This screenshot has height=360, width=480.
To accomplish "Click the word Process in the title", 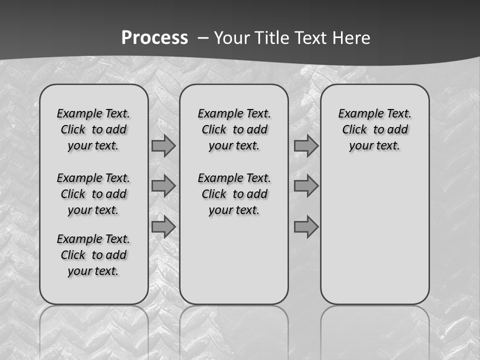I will coord(154,38).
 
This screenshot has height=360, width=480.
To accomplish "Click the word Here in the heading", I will coord(351,38).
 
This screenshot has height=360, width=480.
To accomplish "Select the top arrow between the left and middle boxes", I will coord(163,145).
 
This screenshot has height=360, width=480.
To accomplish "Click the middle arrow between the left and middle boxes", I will coord(163,186).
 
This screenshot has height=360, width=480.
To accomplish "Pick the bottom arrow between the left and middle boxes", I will coord(163,226).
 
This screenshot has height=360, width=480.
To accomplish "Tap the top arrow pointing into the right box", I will coord(306,145).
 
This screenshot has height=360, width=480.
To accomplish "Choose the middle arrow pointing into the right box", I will coord(306,186).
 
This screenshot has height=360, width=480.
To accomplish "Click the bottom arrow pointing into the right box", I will coord(306,226).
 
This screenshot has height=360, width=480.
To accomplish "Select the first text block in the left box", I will coord(93,129).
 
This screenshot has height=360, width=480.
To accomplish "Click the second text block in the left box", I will coord(93,194).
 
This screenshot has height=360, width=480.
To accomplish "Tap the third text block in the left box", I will coord(93,255).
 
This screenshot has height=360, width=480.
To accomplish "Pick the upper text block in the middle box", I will coord(234,129).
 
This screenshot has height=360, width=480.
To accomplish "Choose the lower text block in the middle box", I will coord(234,194).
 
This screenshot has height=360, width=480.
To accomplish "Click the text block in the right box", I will coord(374,129).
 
